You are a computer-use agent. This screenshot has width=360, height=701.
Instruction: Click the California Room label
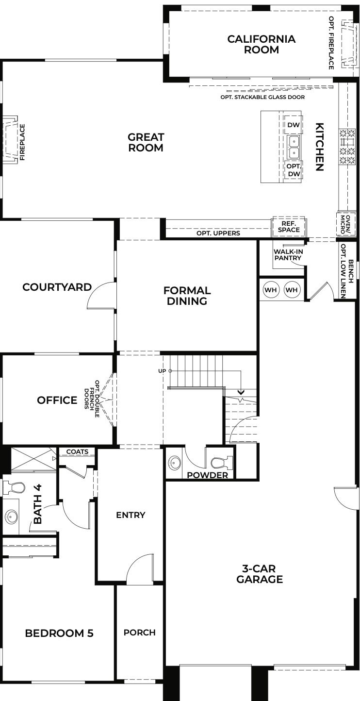[261, 44]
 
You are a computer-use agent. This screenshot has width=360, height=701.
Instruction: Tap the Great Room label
[146, 143]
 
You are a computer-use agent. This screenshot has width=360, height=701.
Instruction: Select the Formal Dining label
[187, 296]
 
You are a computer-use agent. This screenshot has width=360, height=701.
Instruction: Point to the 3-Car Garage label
[260, 573]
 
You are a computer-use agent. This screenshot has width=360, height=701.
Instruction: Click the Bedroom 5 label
[59, 633]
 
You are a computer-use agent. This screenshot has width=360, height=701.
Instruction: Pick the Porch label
[139, 632]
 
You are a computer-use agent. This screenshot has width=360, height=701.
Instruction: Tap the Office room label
[57, 400]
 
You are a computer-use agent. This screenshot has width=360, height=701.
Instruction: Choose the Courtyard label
[57, 287]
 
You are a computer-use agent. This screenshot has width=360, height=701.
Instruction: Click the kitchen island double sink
[294, 147]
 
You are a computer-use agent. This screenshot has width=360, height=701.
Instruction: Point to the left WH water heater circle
[271, 290]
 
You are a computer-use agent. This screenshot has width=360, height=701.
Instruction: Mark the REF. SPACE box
[289, 226]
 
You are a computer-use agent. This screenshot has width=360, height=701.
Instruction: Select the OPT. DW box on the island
[294, 169]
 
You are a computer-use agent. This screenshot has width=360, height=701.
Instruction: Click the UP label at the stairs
[162, 371]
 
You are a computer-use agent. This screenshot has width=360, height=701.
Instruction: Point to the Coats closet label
[77, 451]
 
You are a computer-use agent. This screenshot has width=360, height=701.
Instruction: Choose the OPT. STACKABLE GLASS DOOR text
[262, 97]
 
